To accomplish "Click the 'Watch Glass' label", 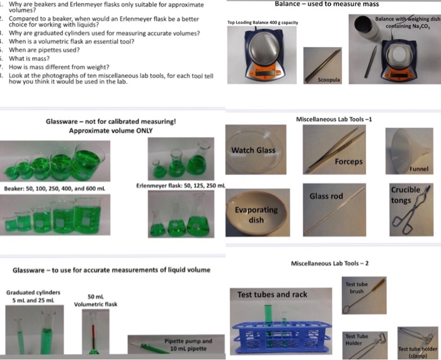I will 253,150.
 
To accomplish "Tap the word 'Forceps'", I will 348,162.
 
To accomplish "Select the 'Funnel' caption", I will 418,169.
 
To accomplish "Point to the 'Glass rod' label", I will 326,196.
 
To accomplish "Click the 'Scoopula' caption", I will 328,81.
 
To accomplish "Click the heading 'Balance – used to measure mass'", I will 326,4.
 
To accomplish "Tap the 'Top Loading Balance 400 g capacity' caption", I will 263,23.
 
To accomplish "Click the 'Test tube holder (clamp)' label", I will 417,351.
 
